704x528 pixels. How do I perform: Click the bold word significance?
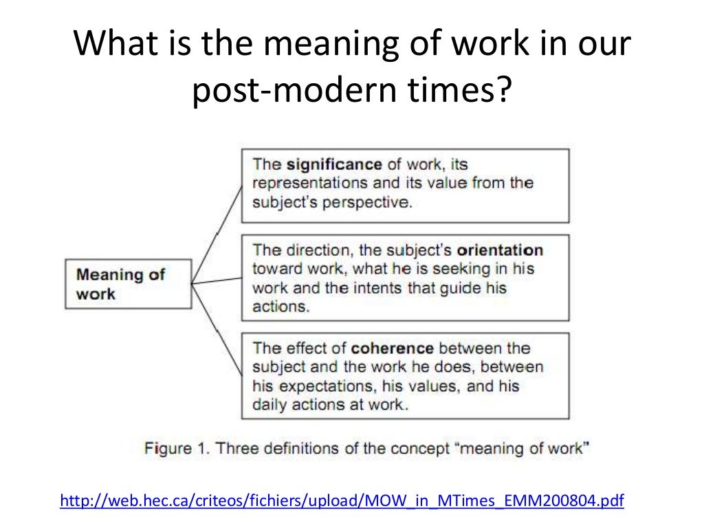tap(333, 164)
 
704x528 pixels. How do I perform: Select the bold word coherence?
tap(392, 348)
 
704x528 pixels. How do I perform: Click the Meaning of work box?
tap(127, 284)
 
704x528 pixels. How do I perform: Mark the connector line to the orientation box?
tap(216, 280)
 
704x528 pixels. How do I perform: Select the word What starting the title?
tap(111, 46)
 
